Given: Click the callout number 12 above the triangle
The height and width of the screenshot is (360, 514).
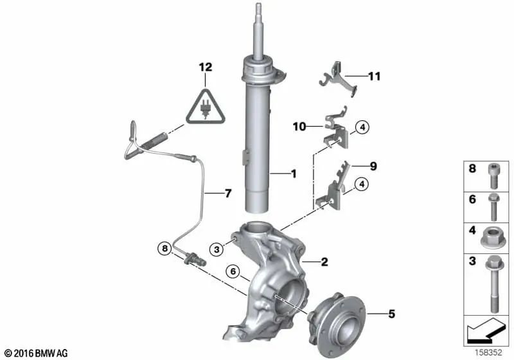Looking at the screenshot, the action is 206,67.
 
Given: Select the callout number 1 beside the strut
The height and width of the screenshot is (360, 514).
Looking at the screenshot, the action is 294,174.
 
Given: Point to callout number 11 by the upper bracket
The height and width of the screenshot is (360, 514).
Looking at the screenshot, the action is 375,76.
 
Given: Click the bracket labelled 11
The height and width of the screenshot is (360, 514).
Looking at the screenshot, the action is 338,78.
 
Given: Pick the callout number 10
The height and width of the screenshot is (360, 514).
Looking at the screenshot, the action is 299,126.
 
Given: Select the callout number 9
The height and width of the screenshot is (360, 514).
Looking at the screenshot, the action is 373,166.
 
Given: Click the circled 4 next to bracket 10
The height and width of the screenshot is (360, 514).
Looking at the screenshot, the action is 362,127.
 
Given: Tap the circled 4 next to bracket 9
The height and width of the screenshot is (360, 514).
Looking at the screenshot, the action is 362,184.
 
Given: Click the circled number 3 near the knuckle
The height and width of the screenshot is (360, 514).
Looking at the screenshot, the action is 217,249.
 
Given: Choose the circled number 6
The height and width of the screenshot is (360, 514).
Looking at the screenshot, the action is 233,271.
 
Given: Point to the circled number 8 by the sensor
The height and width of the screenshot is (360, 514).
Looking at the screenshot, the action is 164,249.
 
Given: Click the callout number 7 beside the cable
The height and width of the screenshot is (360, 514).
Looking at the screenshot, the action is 228,194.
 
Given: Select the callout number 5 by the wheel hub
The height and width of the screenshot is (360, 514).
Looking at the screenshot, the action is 391,314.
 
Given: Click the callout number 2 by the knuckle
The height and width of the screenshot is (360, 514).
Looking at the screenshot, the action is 324,262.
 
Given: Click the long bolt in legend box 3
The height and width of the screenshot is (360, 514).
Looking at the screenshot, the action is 494,284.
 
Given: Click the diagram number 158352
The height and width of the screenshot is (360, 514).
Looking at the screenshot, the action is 489,352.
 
